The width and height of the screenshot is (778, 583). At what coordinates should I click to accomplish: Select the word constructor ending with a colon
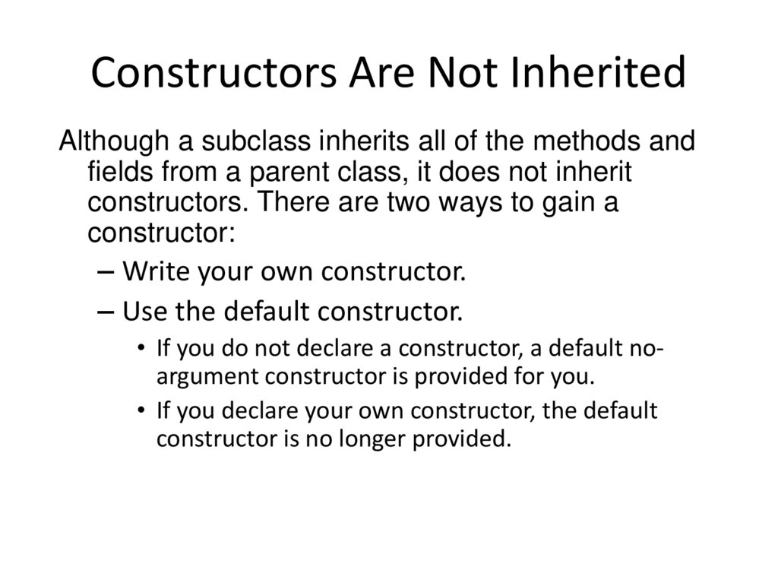[161, 233]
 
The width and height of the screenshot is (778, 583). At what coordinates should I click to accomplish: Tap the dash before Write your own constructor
[107, 271]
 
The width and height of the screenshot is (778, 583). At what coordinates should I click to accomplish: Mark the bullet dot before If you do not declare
[142, 348]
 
